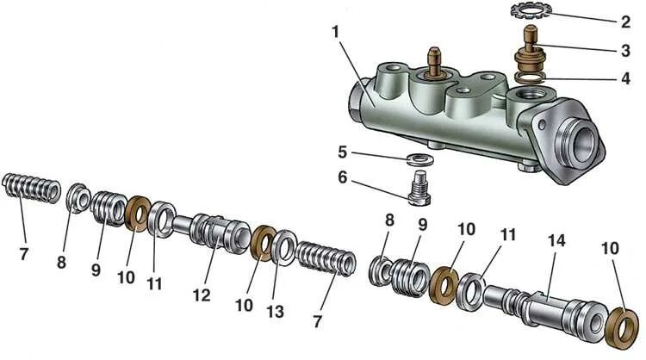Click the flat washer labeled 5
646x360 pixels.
coord(421,159)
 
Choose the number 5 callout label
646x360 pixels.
coord(344,152)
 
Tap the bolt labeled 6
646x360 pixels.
coord(420,188)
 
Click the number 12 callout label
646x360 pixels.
coord(202,294)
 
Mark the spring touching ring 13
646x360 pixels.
coord(326,259)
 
